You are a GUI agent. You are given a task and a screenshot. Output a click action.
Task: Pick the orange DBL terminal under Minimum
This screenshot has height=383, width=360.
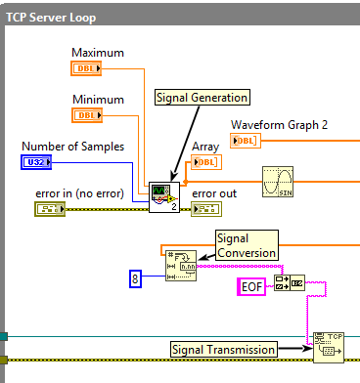pos(88,114)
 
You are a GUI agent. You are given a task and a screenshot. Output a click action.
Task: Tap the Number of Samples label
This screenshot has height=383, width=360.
pos(73,146)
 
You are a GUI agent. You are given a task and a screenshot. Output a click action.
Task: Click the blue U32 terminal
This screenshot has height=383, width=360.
pos(36,162)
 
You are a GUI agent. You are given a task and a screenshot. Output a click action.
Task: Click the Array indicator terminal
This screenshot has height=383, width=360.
pos(204,162)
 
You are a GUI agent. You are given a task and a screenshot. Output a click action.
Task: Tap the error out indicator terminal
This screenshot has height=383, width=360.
pos(207,209)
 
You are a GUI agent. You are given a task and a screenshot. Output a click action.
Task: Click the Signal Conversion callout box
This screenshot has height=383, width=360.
pos(247,244)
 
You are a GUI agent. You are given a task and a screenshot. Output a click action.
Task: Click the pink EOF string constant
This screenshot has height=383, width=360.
pos(252,286)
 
